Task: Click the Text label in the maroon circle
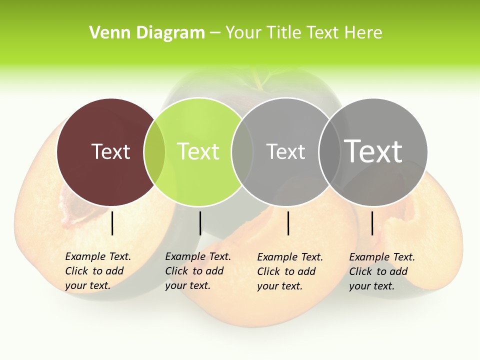click(110, 151)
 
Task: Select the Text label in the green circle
click(198, 151)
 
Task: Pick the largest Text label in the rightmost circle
click(373, 151)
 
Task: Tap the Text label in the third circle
click(285, 151)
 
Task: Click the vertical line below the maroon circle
click(112, 223)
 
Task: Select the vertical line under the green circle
click(200, 223)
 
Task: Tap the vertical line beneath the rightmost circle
click(372, 223)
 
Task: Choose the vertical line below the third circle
click(288, 223)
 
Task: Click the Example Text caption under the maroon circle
click(97, 271)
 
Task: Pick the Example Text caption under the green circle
click(197, 271)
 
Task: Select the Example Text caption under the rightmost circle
click(381, 271)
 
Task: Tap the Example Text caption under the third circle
click(289, 271)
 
